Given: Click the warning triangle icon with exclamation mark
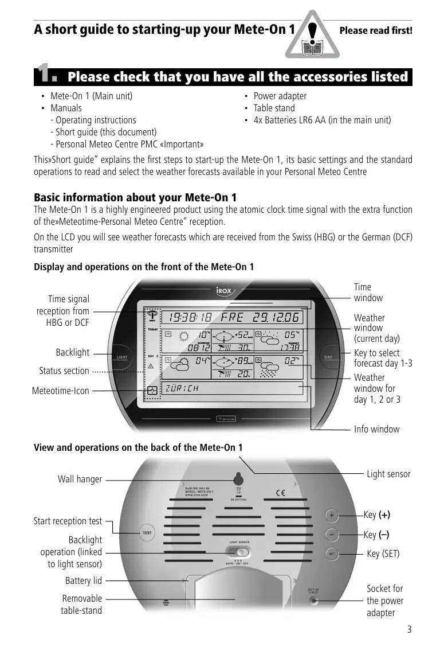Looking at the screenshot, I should [x=312, y=36].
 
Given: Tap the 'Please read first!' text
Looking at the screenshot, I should [x=376, y=30].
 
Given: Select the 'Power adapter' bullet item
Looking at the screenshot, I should [x=280, y=96].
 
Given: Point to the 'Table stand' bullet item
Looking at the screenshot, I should [x=274, y=108].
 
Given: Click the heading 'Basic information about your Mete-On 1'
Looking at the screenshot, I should [x=135, y=197].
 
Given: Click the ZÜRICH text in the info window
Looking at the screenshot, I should [x=182, y=388].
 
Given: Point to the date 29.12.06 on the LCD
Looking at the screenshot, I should [x=276, y=317].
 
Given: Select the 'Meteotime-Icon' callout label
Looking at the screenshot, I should [x=61, y=391].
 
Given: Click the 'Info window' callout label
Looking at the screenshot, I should [x=376, y=429].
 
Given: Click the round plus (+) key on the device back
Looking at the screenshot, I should [x=332, y=515].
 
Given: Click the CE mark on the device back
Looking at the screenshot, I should [x=281, y=492].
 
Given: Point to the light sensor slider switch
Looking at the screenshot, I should [x=236, y=552].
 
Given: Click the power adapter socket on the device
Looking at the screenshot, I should [x=313, y=601].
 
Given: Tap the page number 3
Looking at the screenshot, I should [x=409, y=629].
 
